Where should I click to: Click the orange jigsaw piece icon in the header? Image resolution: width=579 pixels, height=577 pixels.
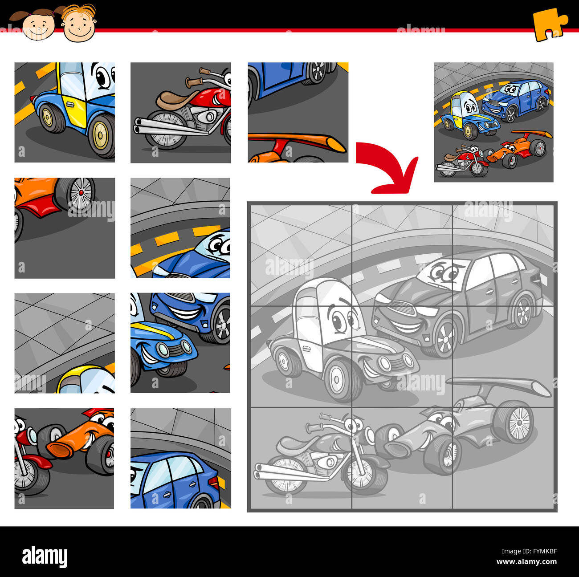(x=550, y=24)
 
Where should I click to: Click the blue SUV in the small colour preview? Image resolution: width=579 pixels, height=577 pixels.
(x=517, y=100)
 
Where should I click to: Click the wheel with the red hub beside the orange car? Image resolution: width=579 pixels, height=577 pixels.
(x=81, y=193)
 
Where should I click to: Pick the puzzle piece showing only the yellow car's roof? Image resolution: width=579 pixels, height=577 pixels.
(x=65, y=343)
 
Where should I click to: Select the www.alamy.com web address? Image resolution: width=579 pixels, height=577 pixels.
(x=526, y=562)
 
